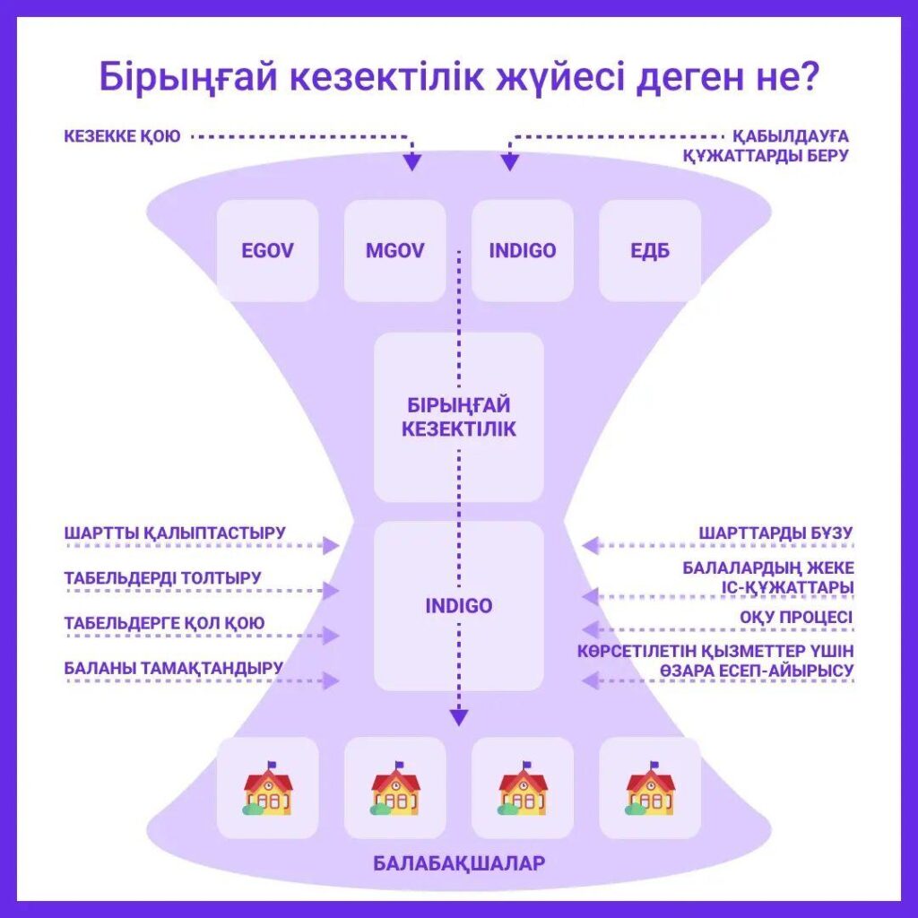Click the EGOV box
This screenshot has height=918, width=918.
pyautogui.click(x=267, y=250)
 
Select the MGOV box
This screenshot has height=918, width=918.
pyautogui.click(x=394, y=250)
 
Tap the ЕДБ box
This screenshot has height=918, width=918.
pyautogui.click(x=650, y=250)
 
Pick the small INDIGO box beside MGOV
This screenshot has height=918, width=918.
pyautogui.click(x=522, y=250)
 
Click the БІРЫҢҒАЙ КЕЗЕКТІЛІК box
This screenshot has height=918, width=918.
pyautogui.click(x=459, y=417)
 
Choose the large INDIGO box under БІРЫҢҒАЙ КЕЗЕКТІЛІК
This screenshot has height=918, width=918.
pyautogui.click(x=459, y=606)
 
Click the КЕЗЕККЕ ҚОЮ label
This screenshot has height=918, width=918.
pyautogui.click(x=122, y=136)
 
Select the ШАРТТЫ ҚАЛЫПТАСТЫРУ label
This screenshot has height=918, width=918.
pyautogui.click(x=175, y=533)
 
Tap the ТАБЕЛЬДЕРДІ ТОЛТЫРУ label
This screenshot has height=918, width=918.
pyautogui.click(x=163, y=577)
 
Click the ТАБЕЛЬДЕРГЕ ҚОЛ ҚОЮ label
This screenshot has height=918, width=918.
pyautogui.click(x=164, y=622)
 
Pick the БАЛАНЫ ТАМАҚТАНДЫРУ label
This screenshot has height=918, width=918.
pyautogui.click(x=174, y=667)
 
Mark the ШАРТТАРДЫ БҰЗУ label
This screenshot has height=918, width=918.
pyautogui.click(x=775, y=533)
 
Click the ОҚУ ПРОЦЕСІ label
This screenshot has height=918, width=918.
pyautogui.click(x=796, y=618)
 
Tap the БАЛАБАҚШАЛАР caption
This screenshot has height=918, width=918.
pyautogui.click(x=459, y=864)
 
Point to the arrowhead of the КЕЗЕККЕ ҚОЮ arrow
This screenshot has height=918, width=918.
pyautogui.click(x=411, y=161)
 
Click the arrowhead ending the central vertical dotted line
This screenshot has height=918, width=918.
pyautogui.click(x=459, y=716)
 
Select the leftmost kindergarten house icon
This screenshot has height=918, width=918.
pyautogui.click(x=267, y=789)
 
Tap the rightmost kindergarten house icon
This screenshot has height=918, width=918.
pyautogui.click(x=650, y=789)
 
